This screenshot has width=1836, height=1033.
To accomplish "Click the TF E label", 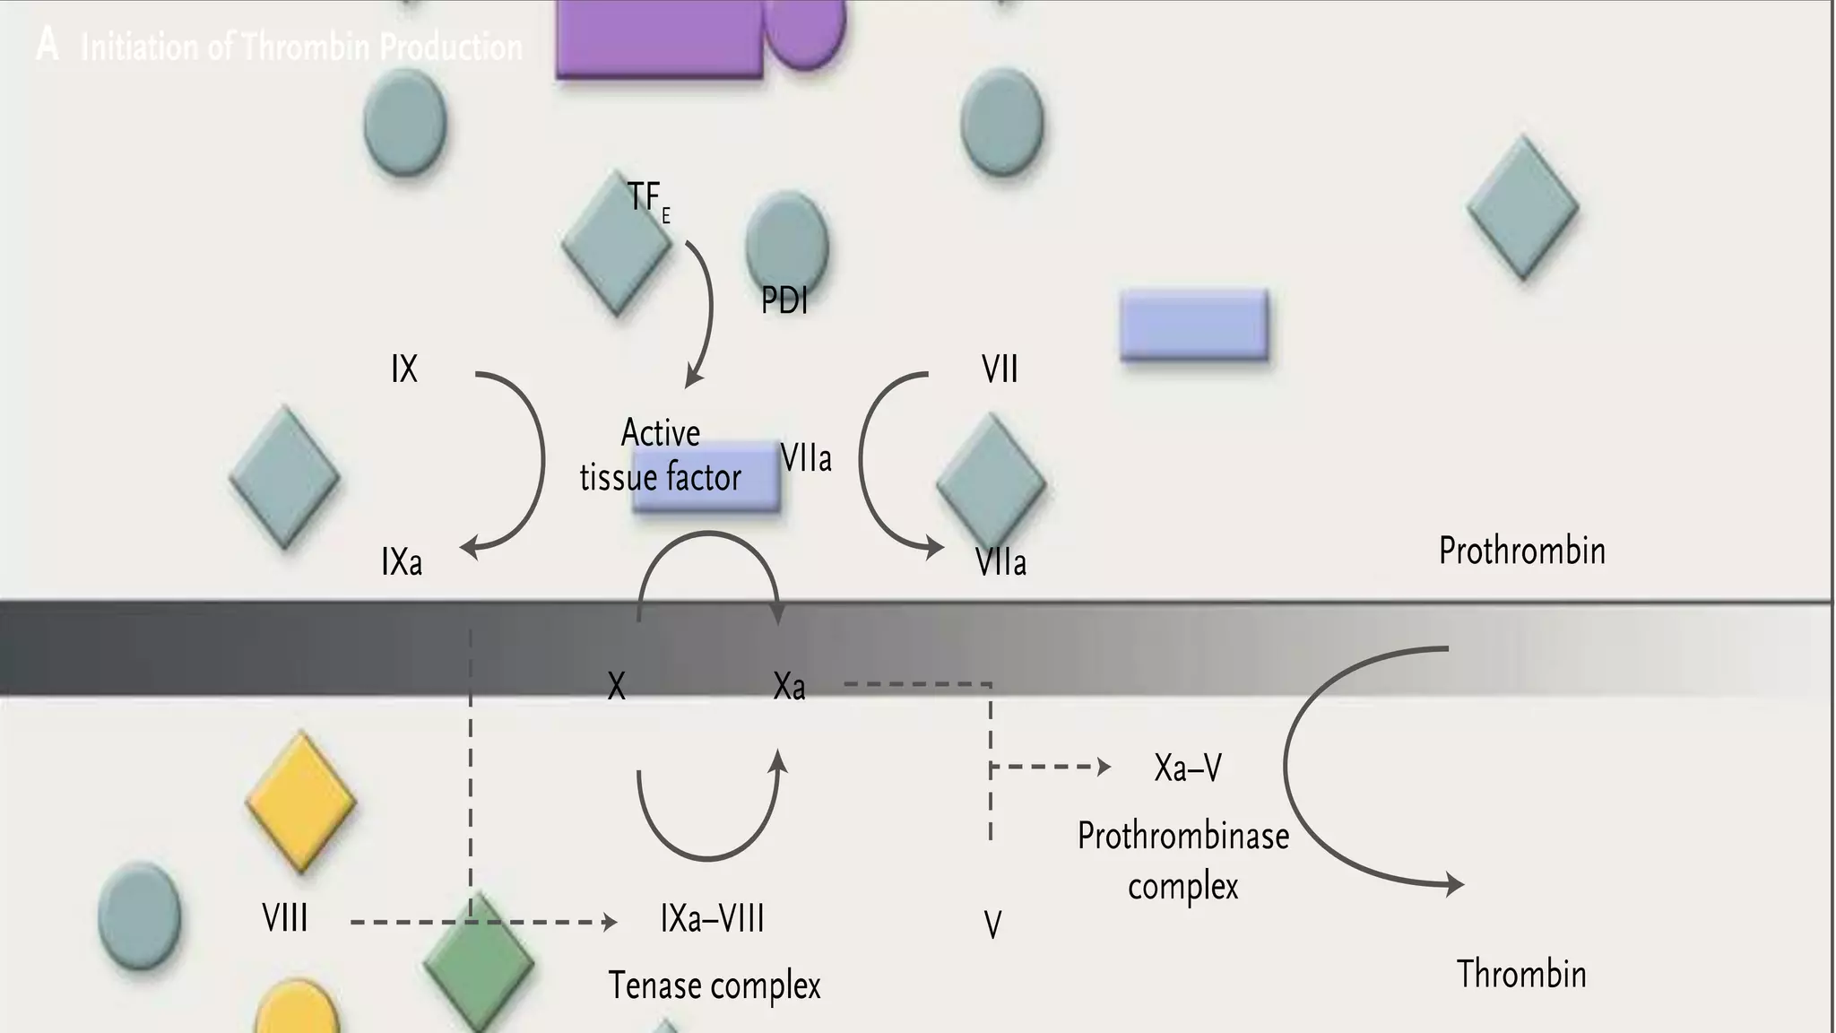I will [647, 199].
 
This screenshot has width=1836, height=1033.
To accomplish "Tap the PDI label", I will [784, 301].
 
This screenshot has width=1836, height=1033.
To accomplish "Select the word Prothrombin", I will [1521, 551].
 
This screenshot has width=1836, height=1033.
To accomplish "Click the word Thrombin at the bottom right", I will [1521, 974].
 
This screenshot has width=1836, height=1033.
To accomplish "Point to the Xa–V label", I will [1188, 768].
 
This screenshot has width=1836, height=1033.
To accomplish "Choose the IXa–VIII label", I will [713, 919].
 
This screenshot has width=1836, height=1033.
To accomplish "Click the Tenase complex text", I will [714, 985].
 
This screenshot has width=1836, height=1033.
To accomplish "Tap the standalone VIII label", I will [285, 918].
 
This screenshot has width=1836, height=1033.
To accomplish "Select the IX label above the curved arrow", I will [404, 369].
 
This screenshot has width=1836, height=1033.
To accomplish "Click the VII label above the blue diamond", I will [1000, 369].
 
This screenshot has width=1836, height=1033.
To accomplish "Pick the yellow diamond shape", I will [301, 802].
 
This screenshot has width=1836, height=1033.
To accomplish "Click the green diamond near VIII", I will [479, 963].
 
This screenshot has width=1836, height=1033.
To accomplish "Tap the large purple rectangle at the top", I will [659, 38].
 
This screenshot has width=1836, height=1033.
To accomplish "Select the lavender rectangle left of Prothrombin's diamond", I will [1194, 325].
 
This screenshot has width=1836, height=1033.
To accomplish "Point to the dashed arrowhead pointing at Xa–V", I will [1104, 767].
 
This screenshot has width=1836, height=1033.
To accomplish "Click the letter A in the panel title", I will [48, 45].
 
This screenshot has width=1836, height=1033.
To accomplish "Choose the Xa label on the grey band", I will [789, 687].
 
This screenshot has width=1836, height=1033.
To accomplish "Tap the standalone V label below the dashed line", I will [992, 924].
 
